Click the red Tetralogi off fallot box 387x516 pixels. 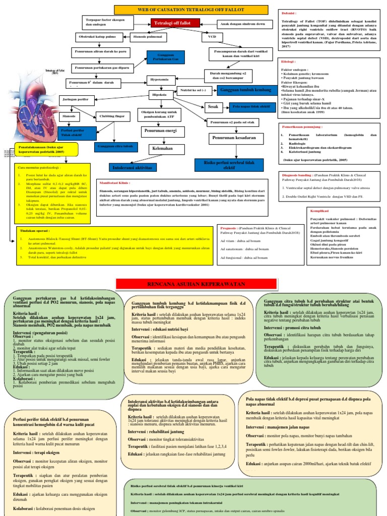pyautogui.click(x=172, y=23)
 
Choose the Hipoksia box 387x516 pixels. pyautogui.click(x=160, y=94)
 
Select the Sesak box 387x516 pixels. pyautogui.click(x=212, y=106)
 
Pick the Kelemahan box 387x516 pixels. pyautogui.click(x=159, y=149)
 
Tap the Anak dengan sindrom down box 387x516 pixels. pyautogui.click(x=241, y=24)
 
